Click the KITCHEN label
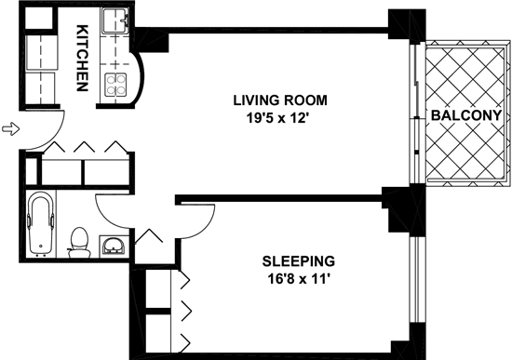(x=82, y=58)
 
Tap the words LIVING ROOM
(x=280, y=100)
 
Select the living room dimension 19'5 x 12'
(x=277, y=118)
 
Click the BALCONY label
(x=466, y=115)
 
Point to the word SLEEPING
(x=299, y=261)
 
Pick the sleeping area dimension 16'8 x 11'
(x=298, y=279)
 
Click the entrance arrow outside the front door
(x=11, y=128)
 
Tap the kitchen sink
(x=115, y=20)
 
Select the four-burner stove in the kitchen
(x=115, y=85)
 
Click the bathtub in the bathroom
(x=41, y=223)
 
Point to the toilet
(x=79, y=243)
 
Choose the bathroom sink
(x=113, y=246)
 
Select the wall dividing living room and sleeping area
(x=279, y=198)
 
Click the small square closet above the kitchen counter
(x=38, y=18)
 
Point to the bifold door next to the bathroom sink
(x=149, y=236)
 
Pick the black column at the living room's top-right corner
(x=407, y=24)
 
